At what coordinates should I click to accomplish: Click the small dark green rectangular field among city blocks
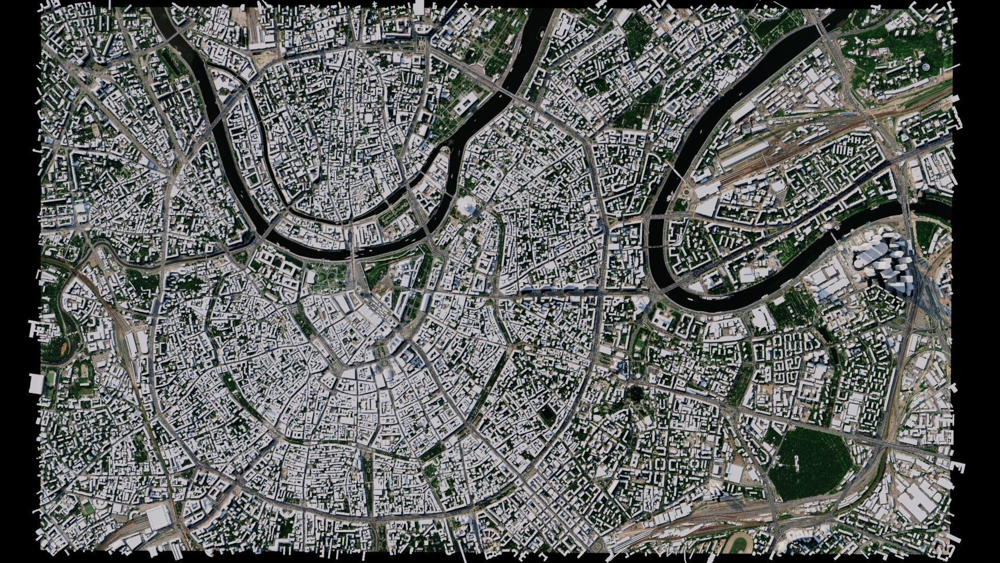[547, 413]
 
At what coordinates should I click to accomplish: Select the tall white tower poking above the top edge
[419, 6]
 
